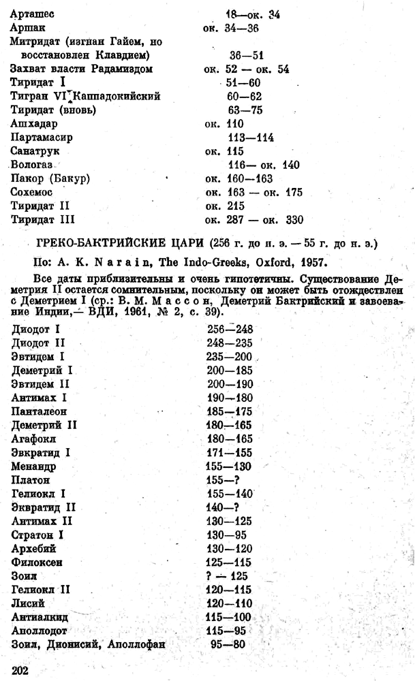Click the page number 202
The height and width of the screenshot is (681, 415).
(x=22, y=670)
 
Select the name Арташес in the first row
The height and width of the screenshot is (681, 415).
(x=33, y=13)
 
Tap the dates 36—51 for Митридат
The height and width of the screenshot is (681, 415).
(x=250, y=54)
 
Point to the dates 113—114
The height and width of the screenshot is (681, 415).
(x=251, y=137)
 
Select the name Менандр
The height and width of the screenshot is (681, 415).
(x=35, y=466)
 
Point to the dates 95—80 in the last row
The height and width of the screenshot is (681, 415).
(x=224, y=645)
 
